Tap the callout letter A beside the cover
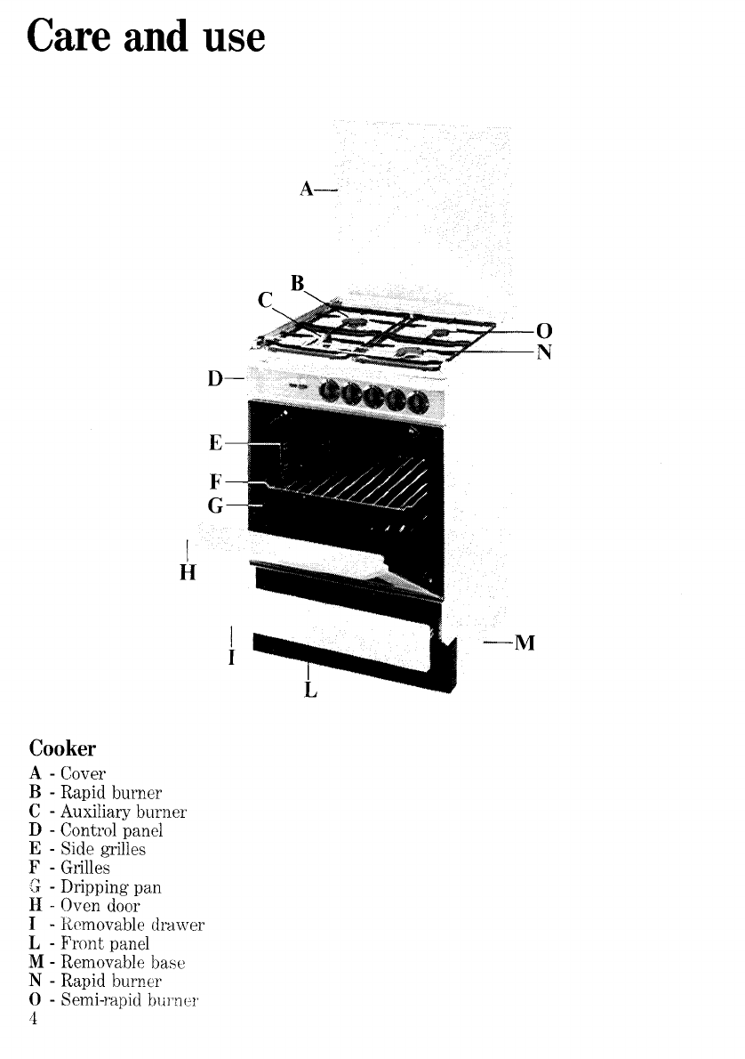click(x=306, y=189)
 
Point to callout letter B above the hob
click(x=299, y=284)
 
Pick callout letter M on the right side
click(x=525, y=643)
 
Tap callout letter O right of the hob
click(x=544, y=332)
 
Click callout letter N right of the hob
click(x=544, y=352)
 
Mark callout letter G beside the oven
click(x=213, y=505)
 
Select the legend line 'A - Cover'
click(x=68, y=773)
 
